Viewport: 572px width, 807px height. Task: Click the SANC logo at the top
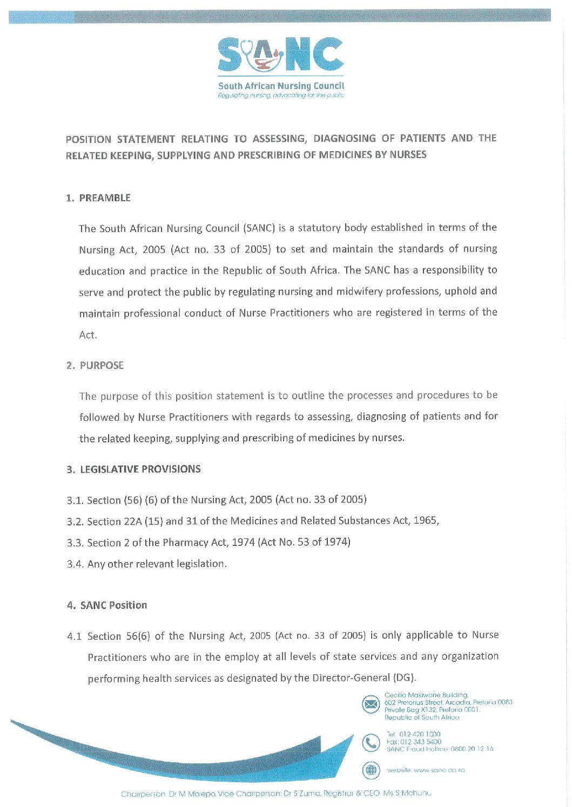tap(280, 55)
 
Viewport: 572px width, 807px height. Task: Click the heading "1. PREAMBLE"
tap(98, 198)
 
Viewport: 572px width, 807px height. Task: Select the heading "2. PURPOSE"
tap(95, 366)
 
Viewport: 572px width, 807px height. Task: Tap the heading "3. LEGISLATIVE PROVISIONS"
tap(134, 469)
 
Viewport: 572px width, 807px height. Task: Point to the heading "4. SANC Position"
tap(107, 605)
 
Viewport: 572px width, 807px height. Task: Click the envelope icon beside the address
tap(371, 705)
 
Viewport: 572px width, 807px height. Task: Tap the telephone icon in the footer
tap(371, 742)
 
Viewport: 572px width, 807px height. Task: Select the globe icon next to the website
tap(371, 770)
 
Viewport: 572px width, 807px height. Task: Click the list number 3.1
tap(75, 501)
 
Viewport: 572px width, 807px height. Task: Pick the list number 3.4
tap(75, 564)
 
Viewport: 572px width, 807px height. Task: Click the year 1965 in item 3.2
tap(425, 521)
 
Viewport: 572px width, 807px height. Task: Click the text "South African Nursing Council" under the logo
tap(281, 86)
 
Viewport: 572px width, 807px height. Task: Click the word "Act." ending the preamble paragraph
tap(88, 335)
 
